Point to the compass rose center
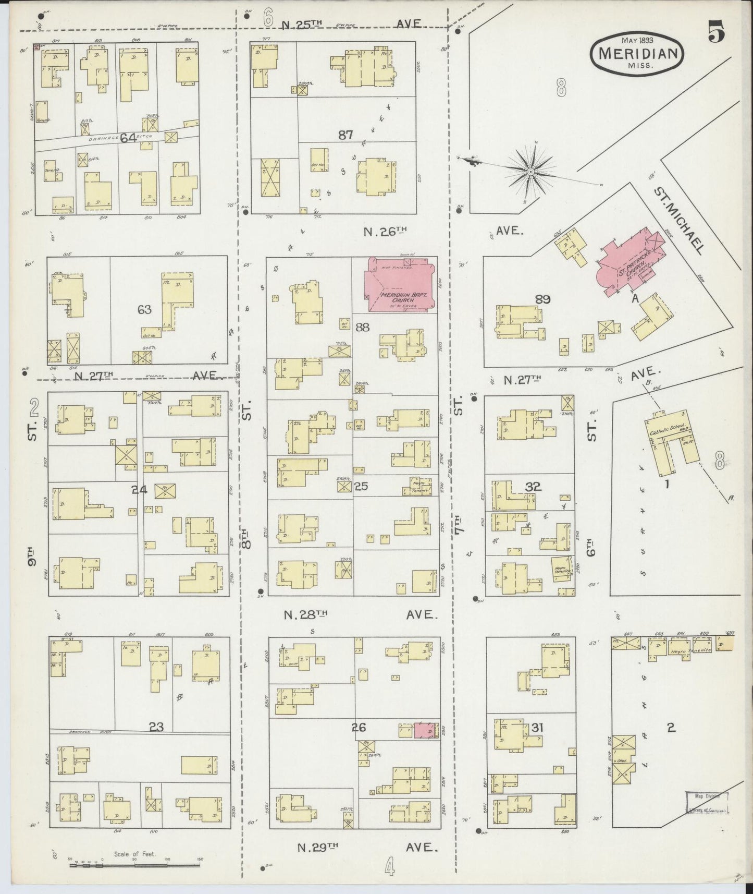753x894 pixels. point(530,171)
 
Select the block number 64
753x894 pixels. point(128,138)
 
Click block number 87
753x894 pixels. point(345,135)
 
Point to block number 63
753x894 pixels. point(144,309)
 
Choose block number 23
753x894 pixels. point(156,727)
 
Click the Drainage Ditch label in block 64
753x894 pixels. point(104,138)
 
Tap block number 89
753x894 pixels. point(542,299)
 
